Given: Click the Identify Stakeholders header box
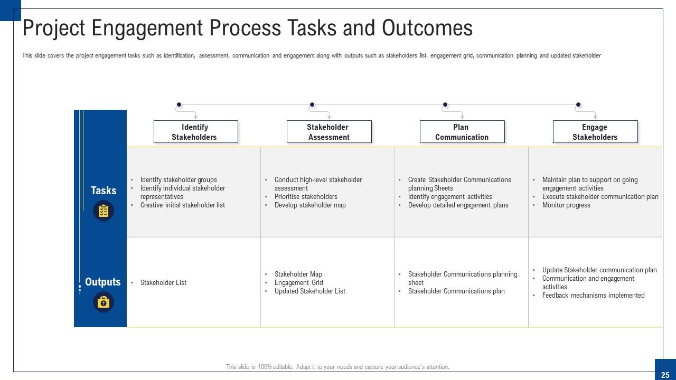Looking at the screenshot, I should point(195,132).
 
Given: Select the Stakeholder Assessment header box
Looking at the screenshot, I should point(328,132).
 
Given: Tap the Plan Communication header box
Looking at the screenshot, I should point(462,132).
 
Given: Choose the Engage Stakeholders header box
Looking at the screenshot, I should point(595,132).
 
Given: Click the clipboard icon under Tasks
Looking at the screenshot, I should point(104,211).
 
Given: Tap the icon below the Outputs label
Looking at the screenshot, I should point(104,302).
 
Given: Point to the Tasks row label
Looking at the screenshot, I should point(104,191).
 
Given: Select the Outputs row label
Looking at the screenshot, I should point(103,282).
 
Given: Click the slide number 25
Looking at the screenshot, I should point(665,375).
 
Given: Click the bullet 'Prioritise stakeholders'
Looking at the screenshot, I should point(306,197).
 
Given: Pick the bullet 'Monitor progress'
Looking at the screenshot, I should point(566,205).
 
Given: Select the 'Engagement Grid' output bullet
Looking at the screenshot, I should point(298,283).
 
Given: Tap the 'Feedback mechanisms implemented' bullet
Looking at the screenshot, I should point(593,296).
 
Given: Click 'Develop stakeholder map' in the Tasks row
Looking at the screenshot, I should point(310,205).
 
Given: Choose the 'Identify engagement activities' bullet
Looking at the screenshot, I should point(450,197).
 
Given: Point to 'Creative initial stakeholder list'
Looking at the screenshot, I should point(182,205).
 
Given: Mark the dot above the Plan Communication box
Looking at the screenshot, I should point(445,104).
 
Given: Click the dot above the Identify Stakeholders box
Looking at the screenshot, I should point(179,104).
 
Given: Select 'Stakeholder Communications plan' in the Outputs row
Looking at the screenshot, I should point(456,291).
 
